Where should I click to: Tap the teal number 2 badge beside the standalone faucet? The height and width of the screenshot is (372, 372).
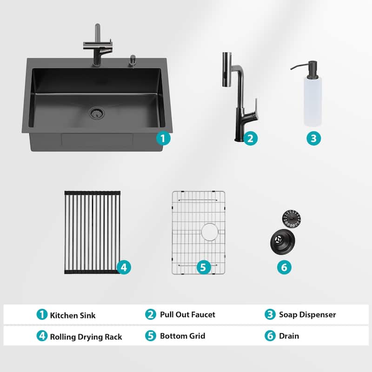pyautogui.click(x=250, y=138)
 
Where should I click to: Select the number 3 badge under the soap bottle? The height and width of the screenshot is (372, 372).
pyautogui.click(x=313, y=138)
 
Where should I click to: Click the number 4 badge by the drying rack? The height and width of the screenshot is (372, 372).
pyautogui.click(x=123, y=267)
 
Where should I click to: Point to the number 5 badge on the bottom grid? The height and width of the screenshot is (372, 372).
pyautogui.click(x=203, y=267)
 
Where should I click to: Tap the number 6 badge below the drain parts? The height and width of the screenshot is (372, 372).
pyautogui.click(x=285, y=267)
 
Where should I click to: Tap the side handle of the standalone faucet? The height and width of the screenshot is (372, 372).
pyautogui.click(x=254, y=105)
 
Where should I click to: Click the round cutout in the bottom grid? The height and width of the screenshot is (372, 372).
pyautogui.click(x=210, y=231)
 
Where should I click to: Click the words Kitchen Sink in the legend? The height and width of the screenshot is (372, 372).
pyautogui.click(x=73, y=315)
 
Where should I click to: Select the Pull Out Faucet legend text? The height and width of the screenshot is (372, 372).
pyautogui.click(x=187, y=315)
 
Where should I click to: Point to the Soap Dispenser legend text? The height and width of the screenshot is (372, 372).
pyautogui.click(x=307, y=315)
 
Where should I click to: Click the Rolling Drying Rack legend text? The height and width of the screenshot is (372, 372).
pyautogui.click(x=86, y=337)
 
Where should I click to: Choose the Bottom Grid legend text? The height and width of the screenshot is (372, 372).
pyautogui.click(x=182, y=336)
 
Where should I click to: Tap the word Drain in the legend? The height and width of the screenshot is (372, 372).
pyautogui.click(x=289, y=336)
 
